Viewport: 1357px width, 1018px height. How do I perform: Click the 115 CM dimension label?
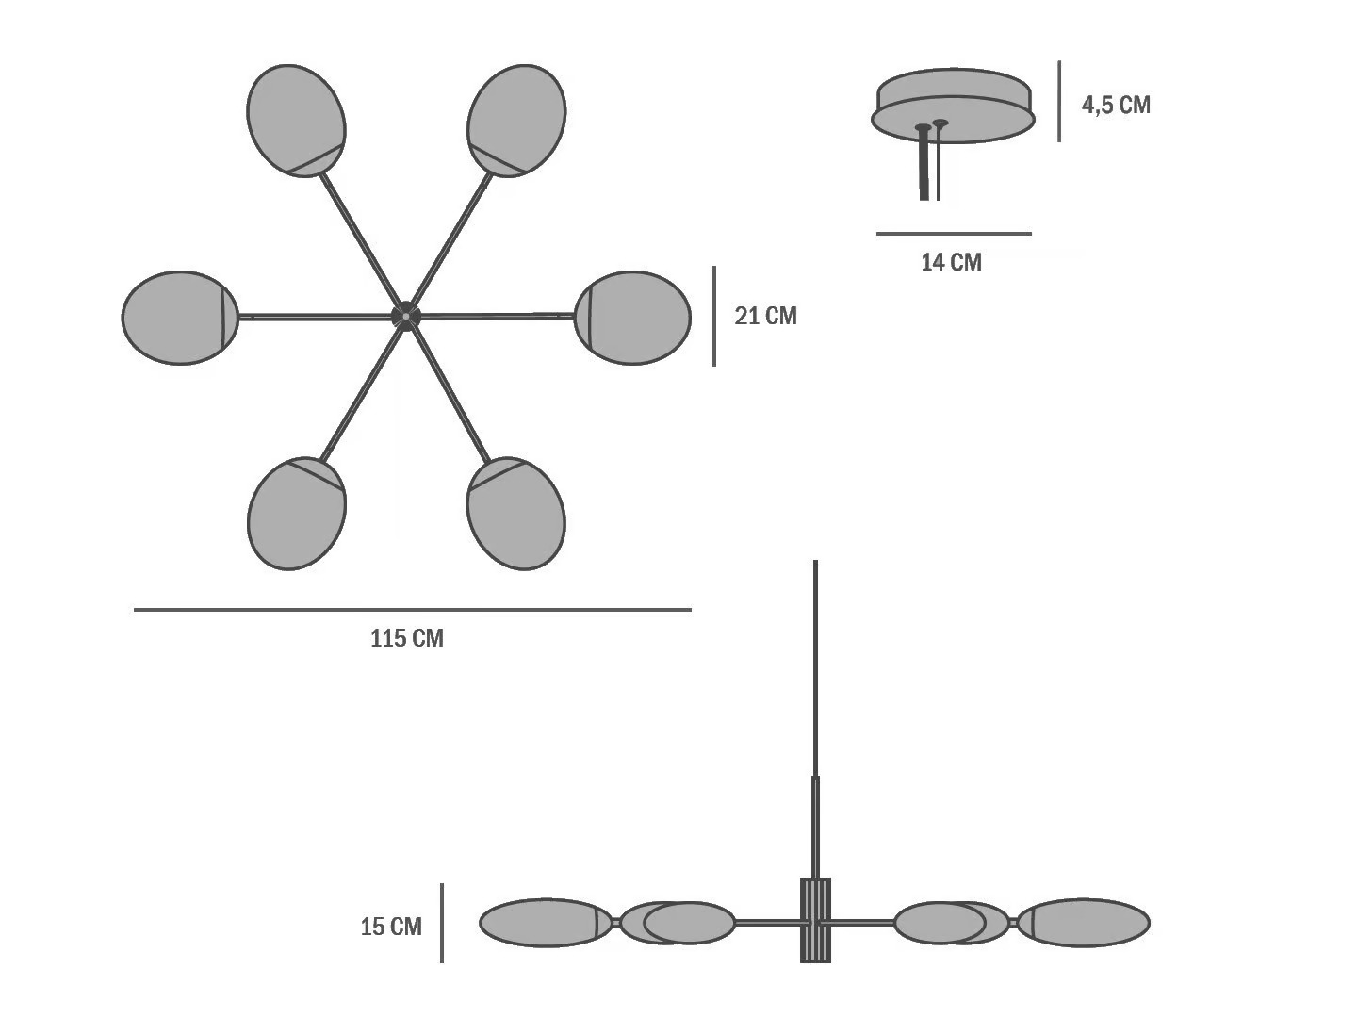[x=406, y=639]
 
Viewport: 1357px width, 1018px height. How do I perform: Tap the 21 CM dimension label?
[x=765, y=316]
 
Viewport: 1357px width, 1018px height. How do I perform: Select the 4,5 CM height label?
[x=1116, y=105]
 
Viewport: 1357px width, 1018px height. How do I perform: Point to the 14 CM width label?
[x=951, y=262]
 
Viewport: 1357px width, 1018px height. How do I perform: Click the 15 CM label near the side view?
[x=391, y=927]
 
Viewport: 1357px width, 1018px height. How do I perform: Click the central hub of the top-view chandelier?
[x=406, y=317]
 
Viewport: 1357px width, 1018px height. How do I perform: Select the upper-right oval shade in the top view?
[x=516, y=119]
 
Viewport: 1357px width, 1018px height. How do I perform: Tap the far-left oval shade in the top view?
[x=179, y=318]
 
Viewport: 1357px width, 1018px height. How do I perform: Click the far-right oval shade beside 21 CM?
[x=632, y=318]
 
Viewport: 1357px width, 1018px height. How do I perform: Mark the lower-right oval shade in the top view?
[x=516, y=515]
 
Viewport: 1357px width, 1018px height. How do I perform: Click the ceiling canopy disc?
[x=953, y=105]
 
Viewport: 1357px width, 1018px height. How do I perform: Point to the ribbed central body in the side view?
[x=815, y=920]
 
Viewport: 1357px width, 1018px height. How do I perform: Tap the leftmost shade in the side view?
[x=546, y=923]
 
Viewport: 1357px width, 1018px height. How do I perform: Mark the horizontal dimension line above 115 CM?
[x=412, y=610]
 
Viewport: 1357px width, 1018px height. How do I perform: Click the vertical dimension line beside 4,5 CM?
[x=1059, y=102]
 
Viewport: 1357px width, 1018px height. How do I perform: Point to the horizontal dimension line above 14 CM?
[x=954, y=233]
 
